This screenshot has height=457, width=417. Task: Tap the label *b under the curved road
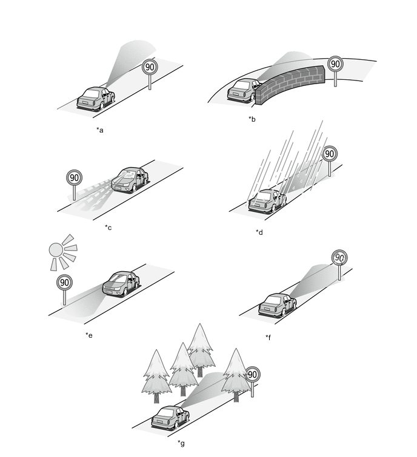coord(252,119)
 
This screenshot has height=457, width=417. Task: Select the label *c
coord(108,227)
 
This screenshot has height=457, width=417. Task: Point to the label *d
coord(259,232)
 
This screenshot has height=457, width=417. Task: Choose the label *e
coord(89,334)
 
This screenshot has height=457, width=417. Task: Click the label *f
coord(269,337)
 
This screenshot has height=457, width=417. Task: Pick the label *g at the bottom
coord(181,444)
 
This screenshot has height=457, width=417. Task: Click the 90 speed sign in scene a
coord(150,67)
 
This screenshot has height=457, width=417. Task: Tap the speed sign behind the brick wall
coord(335,64)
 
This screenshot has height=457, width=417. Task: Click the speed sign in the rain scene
coord(329,154)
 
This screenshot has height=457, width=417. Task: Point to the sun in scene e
coord(57,249)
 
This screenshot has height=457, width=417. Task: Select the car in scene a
coord(96,98)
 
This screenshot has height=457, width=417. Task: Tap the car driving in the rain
coord(267,200)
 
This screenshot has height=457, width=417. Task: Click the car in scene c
coord(129,180)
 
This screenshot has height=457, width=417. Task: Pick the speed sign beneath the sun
coord(64,282)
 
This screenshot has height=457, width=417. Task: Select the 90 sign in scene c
coord(74,178)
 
